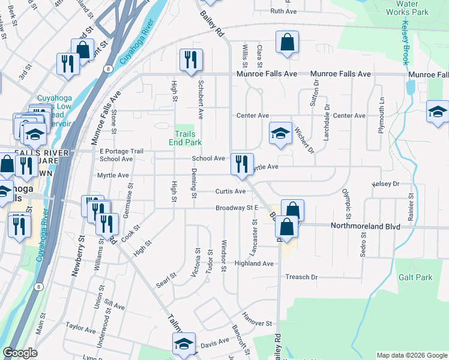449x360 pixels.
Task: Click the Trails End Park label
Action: point(188,138)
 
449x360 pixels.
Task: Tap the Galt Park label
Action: point(415,277)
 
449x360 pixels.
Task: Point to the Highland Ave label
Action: point(254,263)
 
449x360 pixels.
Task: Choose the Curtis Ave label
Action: point(231,191)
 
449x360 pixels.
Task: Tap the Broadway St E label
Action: point(237,208)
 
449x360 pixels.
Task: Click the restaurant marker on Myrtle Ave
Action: point(242,164)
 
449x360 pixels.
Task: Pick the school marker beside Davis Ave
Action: point(184,344)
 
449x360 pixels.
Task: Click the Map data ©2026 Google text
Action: point(412,355)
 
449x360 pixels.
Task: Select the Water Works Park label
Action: point(406,8)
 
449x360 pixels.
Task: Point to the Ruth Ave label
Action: point(284,11)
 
